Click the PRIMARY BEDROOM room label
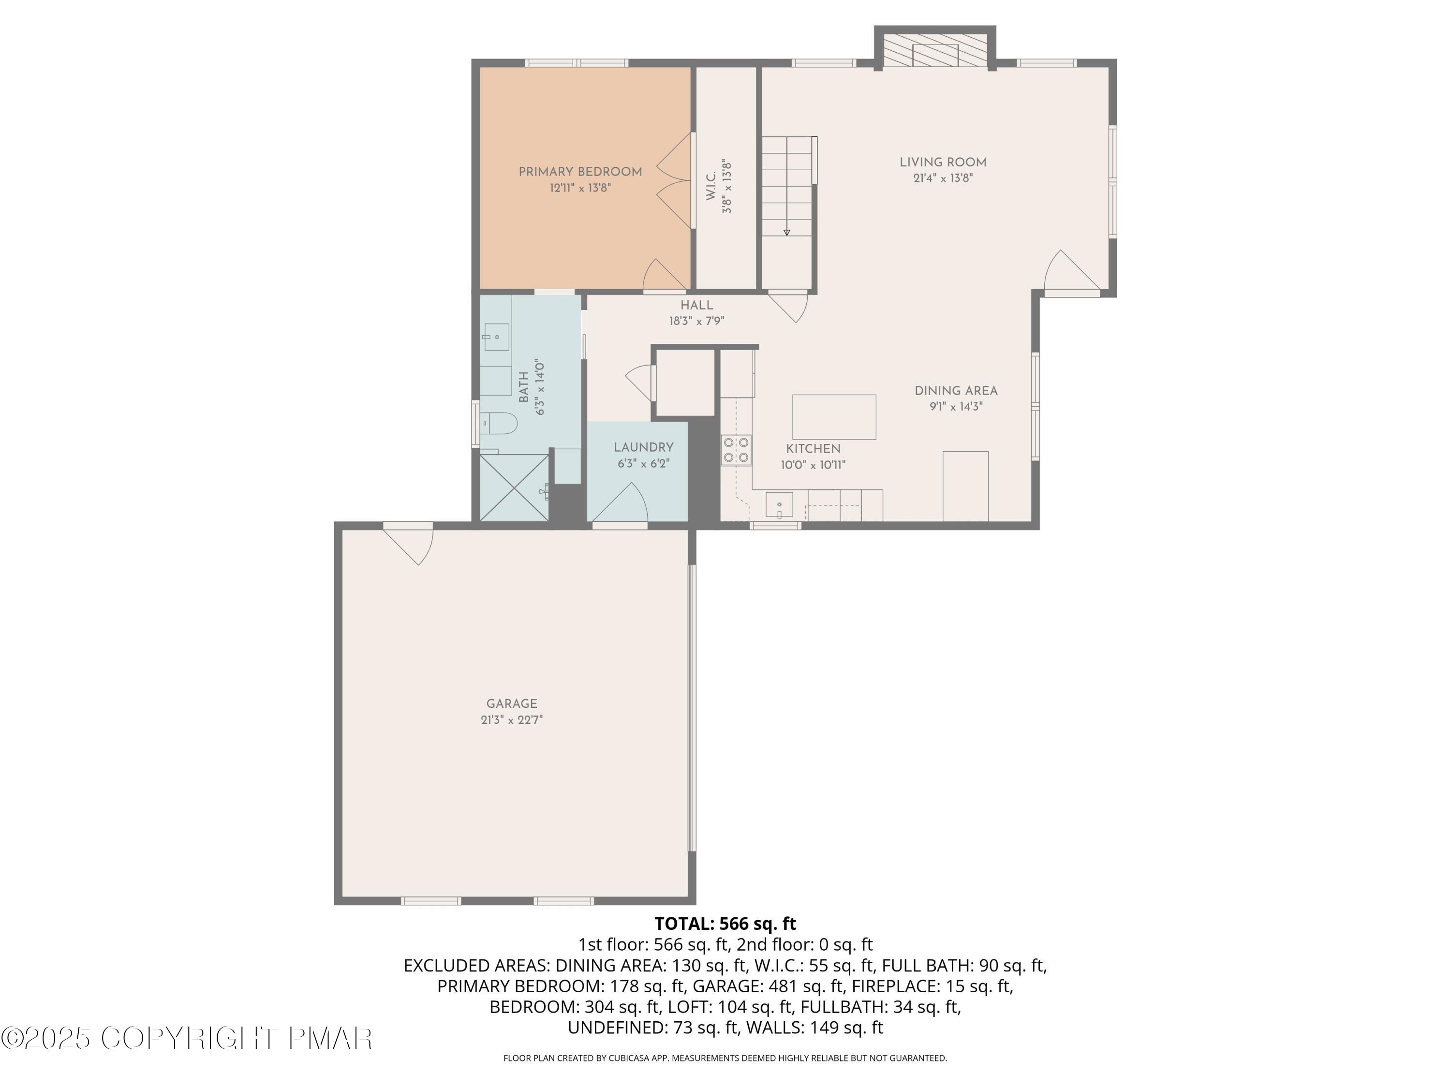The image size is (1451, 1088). [580, 172]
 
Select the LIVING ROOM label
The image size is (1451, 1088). [943, 162]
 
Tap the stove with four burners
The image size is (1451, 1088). [736, 450]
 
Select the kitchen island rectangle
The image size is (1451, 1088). [834, 416]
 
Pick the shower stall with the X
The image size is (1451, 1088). [514, 487]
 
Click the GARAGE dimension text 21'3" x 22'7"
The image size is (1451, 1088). [512, 720]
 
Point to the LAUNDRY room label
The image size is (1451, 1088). [643, 447]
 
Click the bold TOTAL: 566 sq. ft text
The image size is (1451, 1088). [725, 924]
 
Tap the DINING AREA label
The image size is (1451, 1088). [956, 391]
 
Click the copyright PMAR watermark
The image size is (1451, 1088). [187, 1038]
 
